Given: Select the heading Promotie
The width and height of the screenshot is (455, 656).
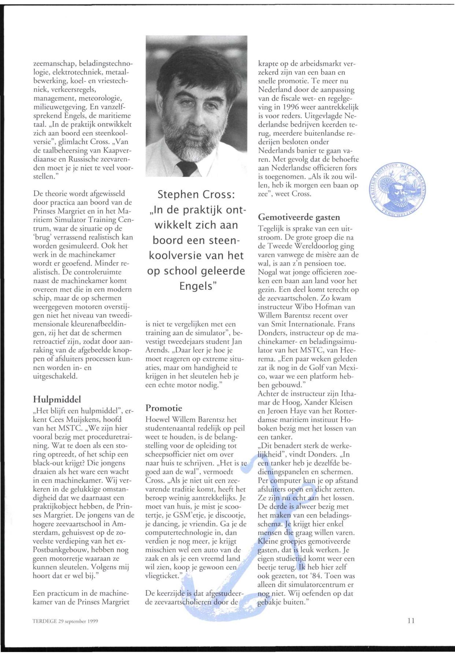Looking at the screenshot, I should (164, 408).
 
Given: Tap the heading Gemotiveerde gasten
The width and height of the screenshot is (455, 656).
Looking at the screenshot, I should (299, 217).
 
